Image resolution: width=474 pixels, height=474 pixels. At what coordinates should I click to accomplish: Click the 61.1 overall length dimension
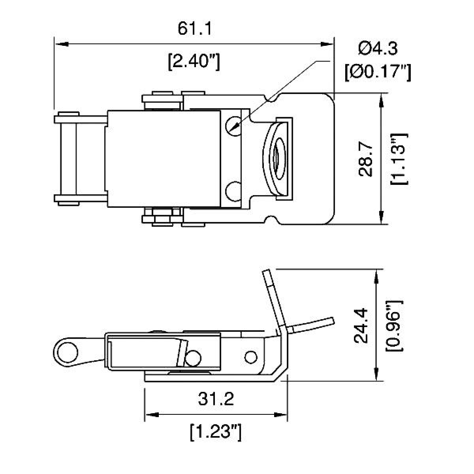point(195,29)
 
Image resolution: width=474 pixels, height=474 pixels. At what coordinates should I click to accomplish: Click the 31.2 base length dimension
point(216,399)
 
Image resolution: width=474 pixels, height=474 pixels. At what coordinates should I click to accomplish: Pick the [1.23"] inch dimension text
point(215,432)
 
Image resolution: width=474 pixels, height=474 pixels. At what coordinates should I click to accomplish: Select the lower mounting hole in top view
point(233,191)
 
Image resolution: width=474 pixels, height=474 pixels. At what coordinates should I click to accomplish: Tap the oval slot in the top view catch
point(278,158)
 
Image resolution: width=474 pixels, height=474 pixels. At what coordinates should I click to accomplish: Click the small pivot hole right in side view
point(250,356)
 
